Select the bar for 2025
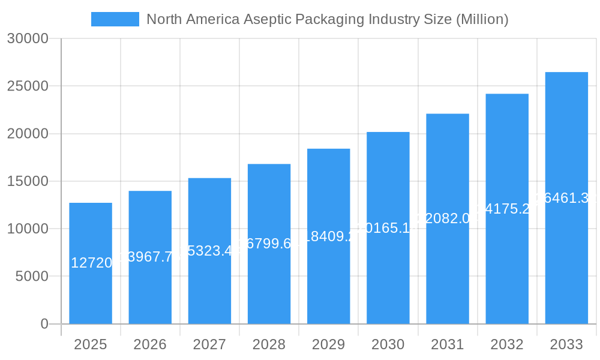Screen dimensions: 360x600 pos(91,288)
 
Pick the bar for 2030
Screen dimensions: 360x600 pos(388,270)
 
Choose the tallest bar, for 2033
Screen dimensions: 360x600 pos(566,252)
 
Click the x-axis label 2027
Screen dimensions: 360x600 pos(209,344)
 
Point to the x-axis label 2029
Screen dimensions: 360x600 pos(328,344)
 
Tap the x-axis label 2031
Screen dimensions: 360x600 pos(448,344)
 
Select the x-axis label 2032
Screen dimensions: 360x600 pos(507,344)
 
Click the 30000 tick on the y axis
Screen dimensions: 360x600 pos(27,39)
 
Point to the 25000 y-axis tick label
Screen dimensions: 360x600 pos(27,86)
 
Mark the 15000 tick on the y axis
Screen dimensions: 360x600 pos(27,181)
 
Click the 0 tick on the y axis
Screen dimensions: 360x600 pos(44,324)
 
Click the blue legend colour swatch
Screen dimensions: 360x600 pos(115,19)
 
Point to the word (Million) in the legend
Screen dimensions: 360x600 pos(482,19)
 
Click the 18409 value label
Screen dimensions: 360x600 pos(328,236)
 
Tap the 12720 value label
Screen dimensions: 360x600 pos(91,263)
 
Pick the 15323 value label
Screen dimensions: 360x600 pos(209,251)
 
